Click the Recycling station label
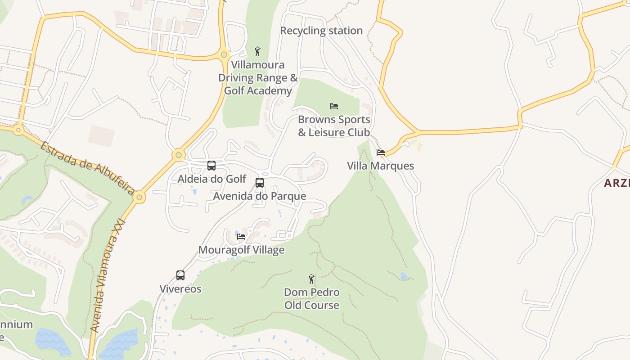(321, 31)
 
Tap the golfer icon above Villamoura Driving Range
(257, 51)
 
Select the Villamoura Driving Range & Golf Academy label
(258, 78)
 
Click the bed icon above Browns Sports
(333, 106)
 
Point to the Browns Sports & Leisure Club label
(334, 126)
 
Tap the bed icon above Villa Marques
(381, 153)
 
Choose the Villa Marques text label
(380, 166)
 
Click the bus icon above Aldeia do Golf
(211, 166)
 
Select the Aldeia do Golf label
(212, 179)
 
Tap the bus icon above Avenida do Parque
(260, 183)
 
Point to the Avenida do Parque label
(260, 196)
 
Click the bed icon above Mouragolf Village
(241, 236)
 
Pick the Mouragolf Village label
(241, 249)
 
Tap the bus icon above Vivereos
(180, 275)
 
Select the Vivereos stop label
(180, 288)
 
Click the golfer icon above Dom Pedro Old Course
(311, 279)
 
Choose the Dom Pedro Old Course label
(312, 298)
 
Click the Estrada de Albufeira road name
(87, 168)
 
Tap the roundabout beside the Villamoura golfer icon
(224, 55)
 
